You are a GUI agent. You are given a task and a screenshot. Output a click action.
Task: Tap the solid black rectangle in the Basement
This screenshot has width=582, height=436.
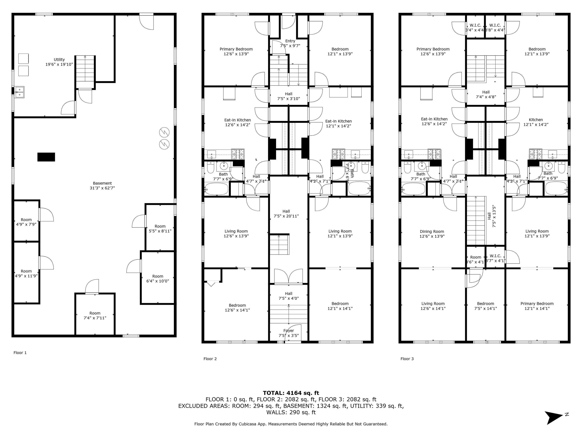[x=46, y=157]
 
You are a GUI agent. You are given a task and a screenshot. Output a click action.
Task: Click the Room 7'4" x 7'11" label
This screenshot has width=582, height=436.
[x=95, y=315]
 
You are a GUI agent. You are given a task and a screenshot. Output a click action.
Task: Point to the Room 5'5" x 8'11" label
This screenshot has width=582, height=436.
[x=160, y=228]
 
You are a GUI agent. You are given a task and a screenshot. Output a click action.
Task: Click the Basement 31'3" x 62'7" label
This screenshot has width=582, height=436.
[x=102, y=185]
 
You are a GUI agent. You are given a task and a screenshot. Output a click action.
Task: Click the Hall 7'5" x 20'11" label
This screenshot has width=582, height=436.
[x=286, y=214]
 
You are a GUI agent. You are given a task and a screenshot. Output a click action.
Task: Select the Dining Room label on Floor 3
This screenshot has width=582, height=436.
[x=432, y=234]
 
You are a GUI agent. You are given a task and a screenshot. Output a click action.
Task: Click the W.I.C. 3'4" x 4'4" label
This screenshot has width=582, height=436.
[x=475, y=28]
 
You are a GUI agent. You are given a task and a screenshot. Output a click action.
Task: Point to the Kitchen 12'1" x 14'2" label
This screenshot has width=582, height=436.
[x=536, y=122]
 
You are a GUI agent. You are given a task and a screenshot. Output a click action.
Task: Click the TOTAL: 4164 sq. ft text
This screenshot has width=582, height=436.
[x=291, y=393]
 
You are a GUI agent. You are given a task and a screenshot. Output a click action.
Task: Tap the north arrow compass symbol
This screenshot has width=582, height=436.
[x=554, y=417]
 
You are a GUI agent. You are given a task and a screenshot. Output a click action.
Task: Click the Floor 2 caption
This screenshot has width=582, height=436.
[x=210, y=359]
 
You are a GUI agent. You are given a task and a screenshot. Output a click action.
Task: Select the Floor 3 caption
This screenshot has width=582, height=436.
[x=407, y=359]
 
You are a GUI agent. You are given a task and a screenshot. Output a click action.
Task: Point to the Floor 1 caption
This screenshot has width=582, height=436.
[x=20, y=353]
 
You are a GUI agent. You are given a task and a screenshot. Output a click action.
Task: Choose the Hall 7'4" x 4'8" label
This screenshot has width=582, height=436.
[x=486, y=94]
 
